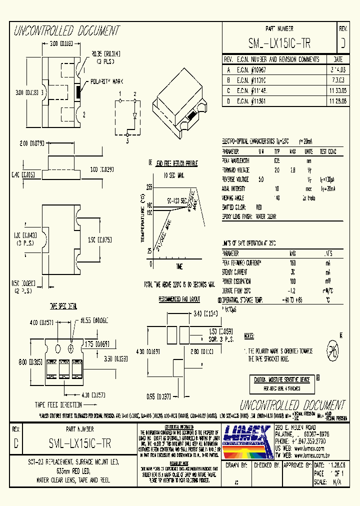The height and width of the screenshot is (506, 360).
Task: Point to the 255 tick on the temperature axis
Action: pyautogui.click(x=149, y=186)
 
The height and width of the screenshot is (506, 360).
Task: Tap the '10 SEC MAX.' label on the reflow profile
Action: pyautogui.click(x=173, y=175)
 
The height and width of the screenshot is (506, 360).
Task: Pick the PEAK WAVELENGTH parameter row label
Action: pyautogui.click(x=235, y=160)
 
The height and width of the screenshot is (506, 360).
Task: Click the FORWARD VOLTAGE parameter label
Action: pyautogui.click(x=236, y=169)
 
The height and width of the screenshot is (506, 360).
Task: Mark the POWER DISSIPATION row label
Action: pyautogui.click(x=237, y=281)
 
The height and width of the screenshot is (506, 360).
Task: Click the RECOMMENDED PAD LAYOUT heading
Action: pyautogui.click(x=179, y=299)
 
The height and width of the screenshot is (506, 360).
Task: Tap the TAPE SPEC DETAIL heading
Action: pyautogui.click(x=62, y=305)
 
